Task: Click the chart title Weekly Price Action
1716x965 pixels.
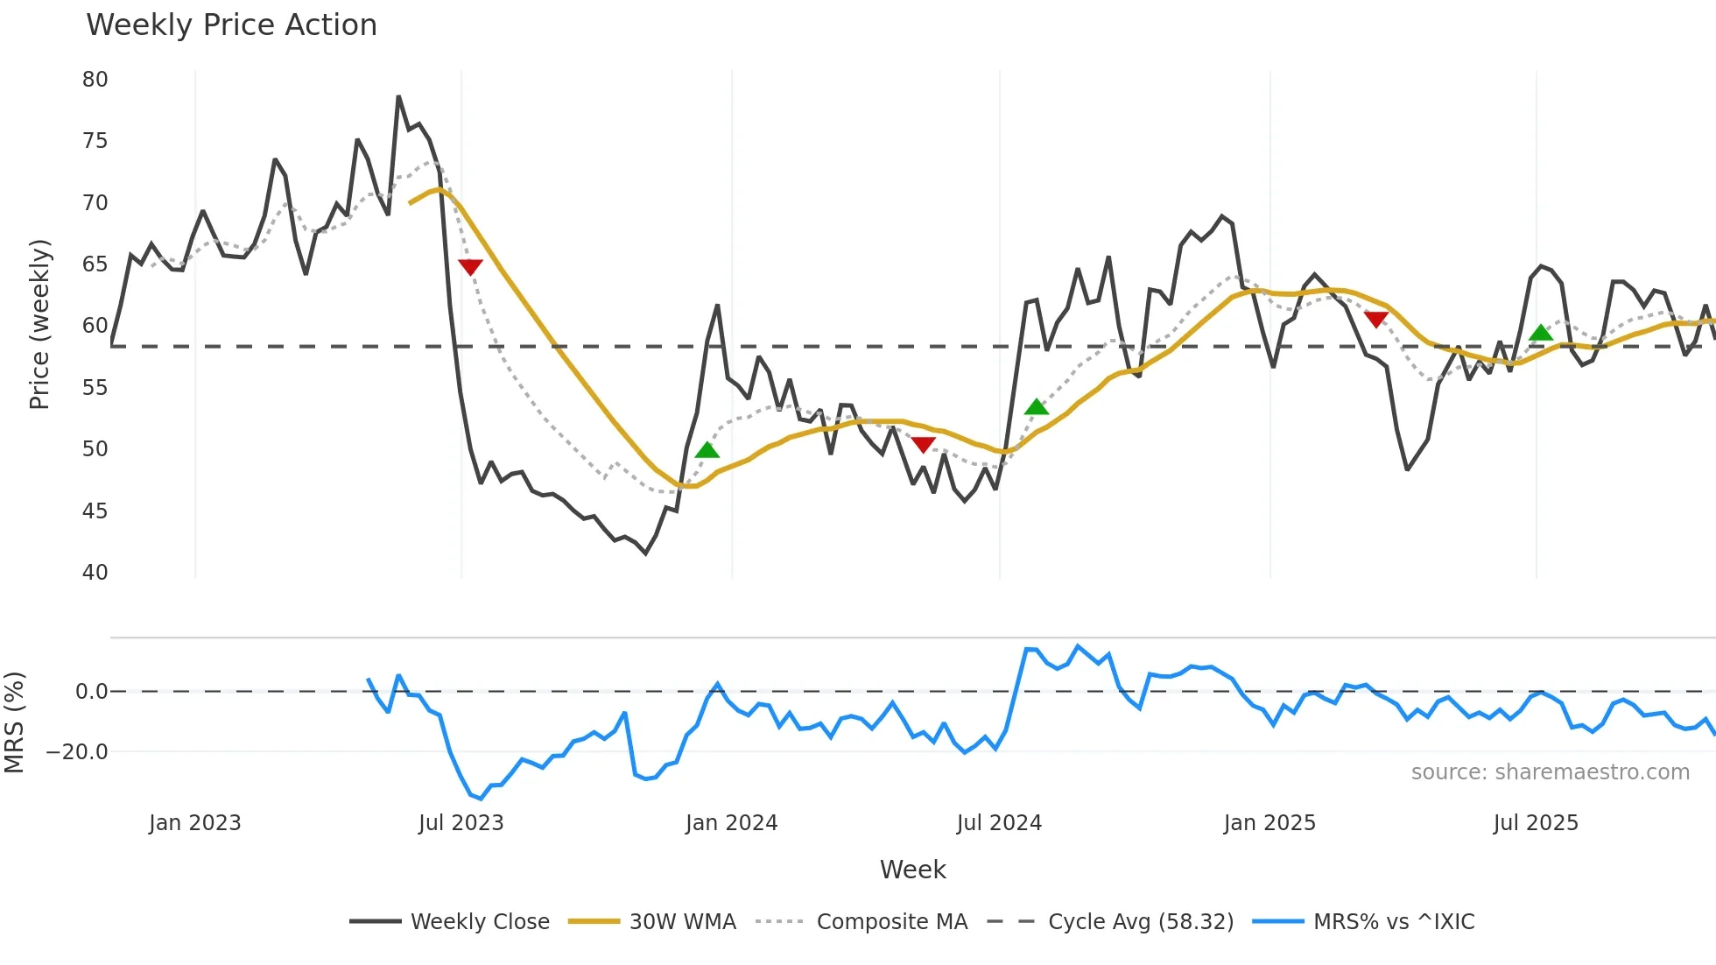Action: [231, 25]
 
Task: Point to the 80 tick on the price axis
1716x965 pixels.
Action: [95, 80]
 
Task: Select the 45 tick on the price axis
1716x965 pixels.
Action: [95, 511]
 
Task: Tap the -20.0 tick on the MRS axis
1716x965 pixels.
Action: [77, 752]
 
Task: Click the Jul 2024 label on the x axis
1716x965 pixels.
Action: [999, 823]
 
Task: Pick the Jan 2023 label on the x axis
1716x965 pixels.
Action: [194, 823]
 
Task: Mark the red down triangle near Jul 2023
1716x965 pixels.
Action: [470, 267]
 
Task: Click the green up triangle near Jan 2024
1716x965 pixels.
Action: [707, 450]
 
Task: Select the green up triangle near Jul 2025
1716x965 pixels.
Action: [1541, 333]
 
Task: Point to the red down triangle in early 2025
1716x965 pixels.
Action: [1376, 320]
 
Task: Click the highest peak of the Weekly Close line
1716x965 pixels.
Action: [398, 96]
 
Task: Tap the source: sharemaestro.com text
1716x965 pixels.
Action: [1550, 772]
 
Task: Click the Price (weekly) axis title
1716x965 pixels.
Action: [39, 324]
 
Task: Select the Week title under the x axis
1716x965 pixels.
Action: [912, 870]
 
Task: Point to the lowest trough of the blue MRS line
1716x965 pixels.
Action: [481, 799]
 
